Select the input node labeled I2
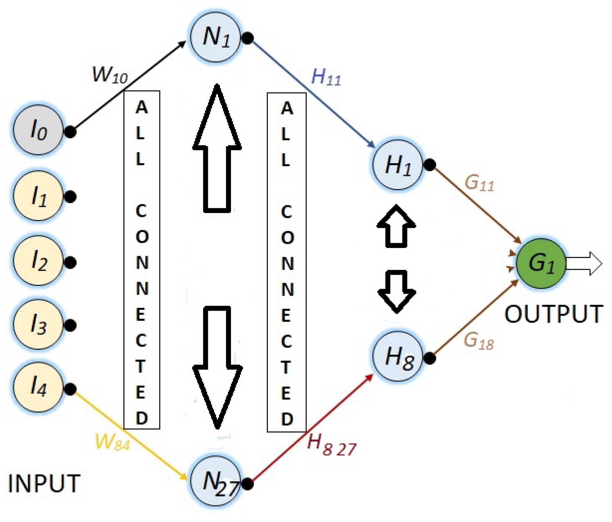38,260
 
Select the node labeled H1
398,164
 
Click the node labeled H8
398,355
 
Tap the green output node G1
541,263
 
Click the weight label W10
110,75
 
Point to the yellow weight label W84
112,442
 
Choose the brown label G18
479,341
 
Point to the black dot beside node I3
70,325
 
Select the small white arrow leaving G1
583,263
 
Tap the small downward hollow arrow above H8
396,291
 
